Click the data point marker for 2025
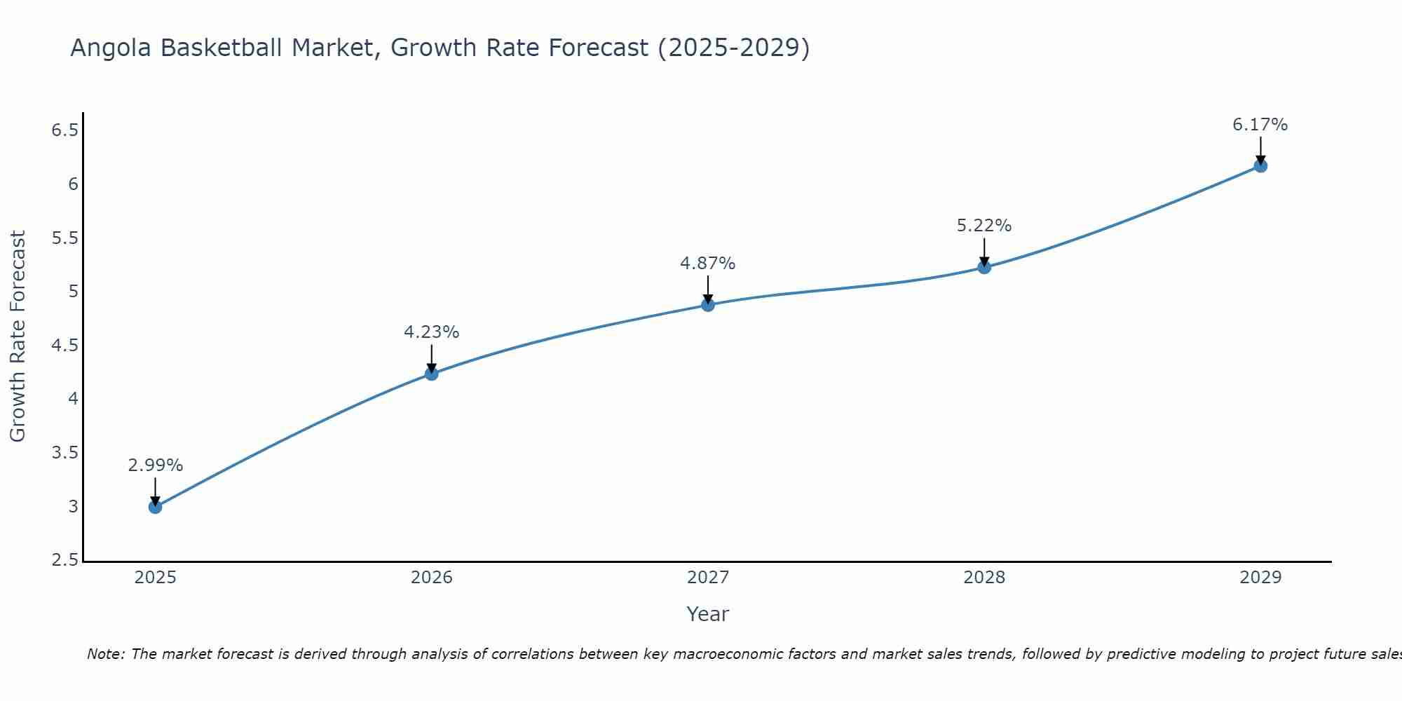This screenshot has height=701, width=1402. click(x=155, y=507)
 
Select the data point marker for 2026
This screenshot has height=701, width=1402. click(x=432, y=374)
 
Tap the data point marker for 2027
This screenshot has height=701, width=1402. click(x=708, y=305)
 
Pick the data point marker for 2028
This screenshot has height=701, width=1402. click(x=984, y=267)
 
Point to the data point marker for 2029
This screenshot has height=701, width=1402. click(x=1260, y=166)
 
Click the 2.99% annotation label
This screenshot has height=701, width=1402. click(x=155, y=465)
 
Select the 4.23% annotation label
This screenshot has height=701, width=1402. click(x=432, y=332)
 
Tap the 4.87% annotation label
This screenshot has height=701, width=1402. click(x=708, y=264)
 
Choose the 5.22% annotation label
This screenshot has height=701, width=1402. click(x=984, y=226)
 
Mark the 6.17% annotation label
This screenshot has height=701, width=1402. click(x=1260, y=125)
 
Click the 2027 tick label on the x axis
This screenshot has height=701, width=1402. click(x=708, y=578)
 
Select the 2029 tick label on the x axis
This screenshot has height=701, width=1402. click(x=1260, y=578)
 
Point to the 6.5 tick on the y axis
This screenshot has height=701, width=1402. click(x=64, y=130)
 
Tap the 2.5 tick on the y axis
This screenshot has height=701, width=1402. click(x=64, y=560)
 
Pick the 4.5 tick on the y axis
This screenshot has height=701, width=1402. click(x=64, y=346)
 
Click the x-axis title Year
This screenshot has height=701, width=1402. click(x=708, y=614)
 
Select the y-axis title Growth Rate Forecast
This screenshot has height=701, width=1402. click(x=18, y=336)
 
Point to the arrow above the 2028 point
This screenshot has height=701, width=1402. click(x=984, y=251)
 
